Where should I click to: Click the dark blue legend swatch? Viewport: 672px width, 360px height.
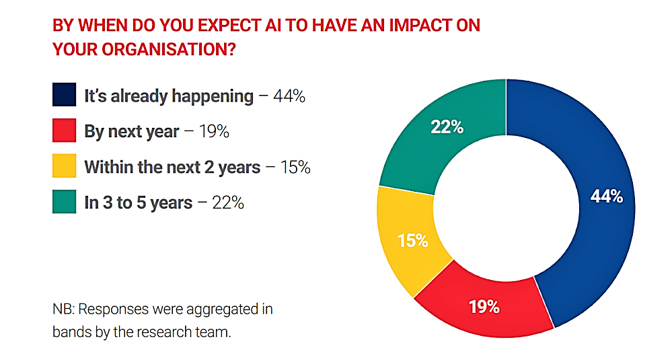pos(65,94)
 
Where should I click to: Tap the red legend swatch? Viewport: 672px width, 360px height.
pos(65,131)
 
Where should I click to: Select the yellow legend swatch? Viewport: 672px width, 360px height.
pos(65,166)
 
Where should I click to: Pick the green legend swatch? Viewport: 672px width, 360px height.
pos(65,201)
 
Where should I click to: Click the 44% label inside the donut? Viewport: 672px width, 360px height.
pos(607,196)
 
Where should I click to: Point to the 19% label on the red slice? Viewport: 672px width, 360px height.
pos(484,307)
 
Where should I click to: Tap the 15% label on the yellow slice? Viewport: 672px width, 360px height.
pos(413,240)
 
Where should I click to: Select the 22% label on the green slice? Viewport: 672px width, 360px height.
pos(447,127)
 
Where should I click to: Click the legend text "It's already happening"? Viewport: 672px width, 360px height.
pos(169,96)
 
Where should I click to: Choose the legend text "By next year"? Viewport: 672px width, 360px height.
pos(132,132)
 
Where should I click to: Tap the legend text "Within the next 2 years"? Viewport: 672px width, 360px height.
pos(172,167)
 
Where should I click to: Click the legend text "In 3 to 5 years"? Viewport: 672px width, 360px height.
pos(139,203)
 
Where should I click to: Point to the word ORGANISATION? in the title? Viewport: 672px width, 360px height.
pos(169,49)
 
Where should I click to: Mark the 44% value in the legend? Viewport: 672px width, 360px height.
pos(289,96)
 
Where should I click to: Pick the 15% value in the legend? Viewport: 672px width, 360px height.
pos(295,167)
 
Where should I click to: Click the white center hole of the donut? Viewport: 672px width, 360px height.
pos(506,209)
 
